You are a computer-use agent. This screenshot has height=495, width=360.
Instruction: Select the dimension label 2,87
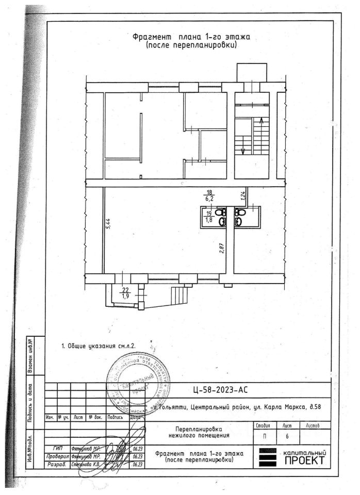(221, 247)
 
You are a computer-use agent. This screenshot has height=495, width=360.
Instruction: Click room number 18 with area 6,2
(210, 193)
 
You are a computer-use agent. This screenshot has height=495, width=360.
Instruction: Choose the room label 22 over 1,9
(125, 293)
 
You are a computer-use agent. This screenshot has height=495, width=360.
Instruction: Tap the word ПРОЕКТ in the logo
(304, 460)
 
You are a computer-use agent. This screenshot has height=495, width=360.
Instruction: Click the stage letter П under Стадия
(264, 436)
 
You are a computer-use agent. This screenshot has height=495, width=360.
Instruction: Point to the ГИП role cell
(57, 448)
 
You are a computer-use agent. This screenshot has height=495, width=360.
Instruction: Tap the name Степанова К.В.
(88, 464)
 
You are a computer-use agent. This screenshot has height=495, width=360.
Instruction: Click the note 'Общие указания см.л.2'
(98, 346)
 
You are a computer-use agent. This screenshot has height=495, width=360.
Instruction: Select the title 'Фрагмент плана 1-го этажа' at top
(191, 37)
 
